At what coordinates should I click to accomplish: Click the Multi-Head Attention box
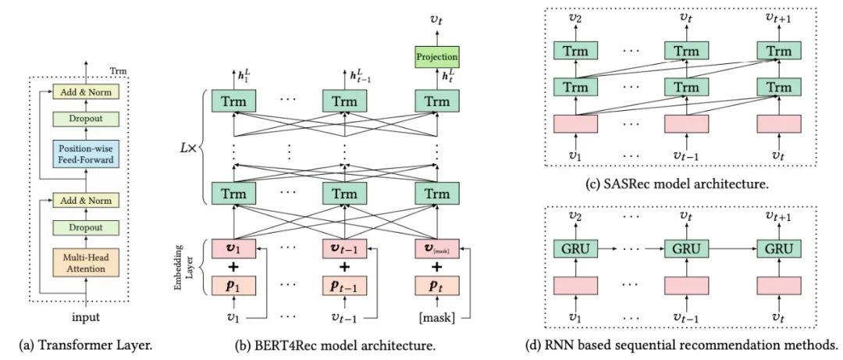84,262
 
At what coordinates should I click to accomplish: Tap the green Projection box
436,55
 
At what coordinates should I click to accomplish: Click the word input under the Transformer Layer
86,319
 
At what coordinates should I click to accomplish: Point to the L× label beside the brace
187,146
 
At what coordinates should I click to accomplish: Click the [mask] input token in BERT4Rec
437,318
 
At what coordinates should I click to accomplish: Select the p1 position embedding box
234,285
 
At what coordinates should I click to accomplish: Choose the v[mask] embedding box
436,249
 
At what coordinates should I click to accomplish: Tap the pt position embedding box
436,285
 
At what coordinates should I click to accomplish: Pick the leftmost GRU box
574,248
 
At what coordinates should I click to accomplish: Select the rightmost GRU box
778,248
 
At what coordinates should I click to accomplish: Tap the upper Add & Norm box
84,93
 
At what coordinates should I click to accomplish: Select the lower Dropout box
84,227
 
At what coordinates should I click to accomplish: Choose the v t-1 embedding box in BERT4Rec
343,249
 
